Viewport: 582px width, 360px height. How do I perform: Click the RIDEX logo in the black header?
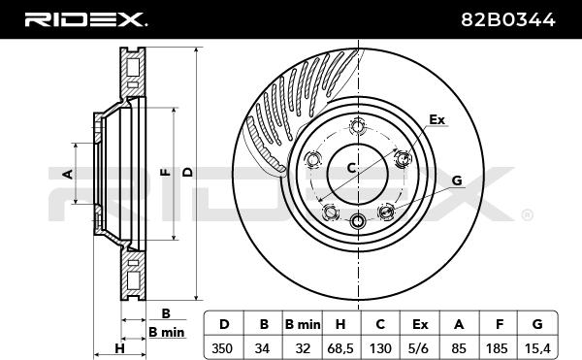85,19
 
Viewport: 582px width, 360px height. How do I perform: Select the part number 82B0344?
507,19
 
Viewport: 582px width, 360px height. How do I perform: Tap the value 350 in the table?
222,348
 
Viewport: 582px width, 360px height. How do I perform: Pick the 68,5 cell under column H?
340,348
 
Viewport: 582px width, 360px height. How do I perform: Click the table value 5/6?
420,348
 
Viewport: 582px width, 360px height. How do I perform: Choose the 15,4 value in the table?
537,348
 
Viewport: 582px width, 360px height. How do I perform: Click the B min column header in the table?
303,325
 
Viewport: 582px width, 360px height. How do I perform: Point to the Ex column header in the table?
420,325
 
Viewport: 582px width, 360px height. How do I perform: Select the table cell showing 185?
497,348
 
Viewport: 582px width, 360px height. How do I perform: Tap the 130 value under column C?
380,348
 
